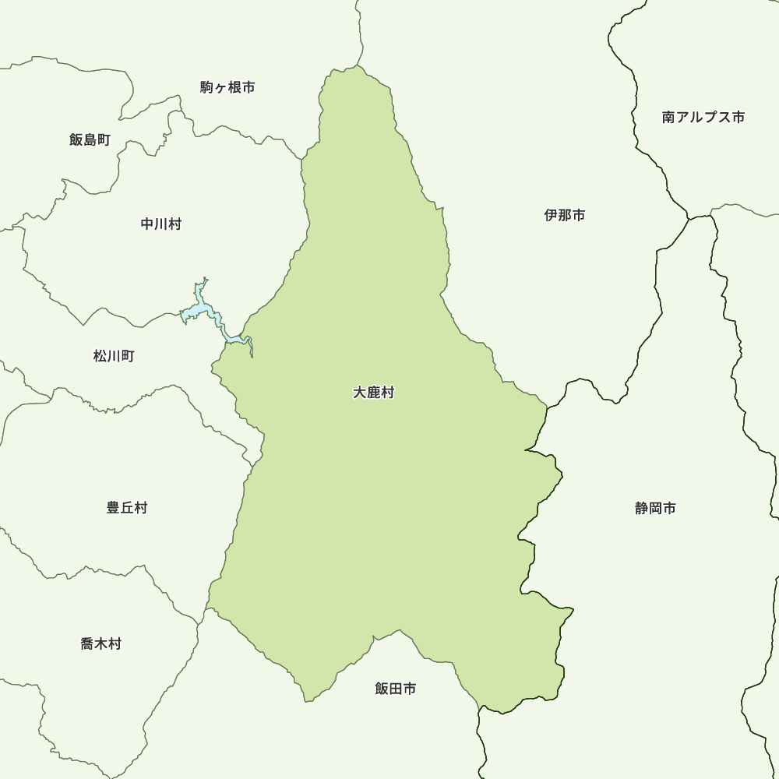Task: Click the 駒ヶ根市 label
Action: pos(227,87)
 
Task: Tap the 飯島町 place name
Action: pos(90,140)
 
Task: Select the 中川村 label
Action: pos(161,224)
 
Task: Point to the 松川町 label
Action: pos(114,356)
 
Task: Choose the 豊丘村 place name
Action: pos(127,508)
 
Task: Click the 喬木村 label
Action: pos(100,644)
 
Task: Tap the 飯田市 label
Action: pos(395,689)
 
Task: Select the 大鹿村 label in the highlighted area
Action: pos(373,393)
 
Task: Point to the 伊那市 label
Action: pos(565,216)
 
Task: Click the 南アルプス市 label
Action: pos(703,117)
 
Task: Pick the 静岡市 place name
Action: pos(655,509)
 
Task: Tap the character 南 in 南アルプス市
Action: pos(668,117)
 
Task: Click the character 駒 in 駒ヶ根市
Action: pos(206,87)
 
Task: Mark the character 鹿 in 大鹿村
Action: pos(373,393)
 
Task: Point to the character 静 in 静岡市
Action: pos(642,509)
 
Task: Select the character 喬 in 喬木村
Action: pos(87,644)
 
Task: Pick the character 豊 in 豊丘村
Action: pos(114,508)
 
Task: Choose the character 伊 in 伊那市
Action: pos(552,216)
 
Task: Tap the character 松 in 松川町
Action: pos(100,356)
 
